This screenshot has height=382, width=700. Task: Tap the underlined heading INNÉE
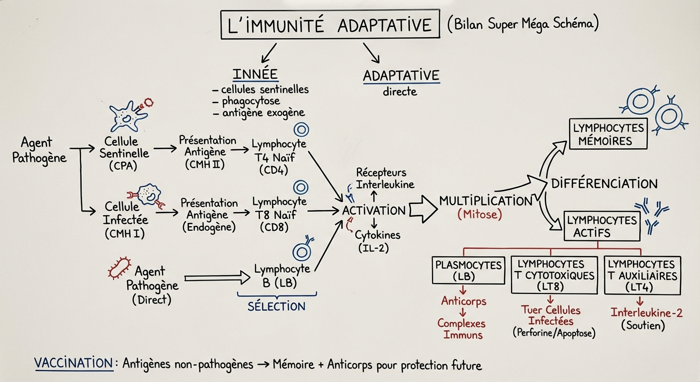[x=255, y=74]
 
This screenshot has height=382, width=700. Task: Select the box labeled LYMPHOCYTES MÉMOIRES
[x=608, y=134]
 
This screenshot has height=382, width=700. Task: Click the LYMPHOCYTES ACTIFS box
[x=602, y=226]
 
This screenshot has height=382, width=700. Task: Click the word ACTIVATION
[x=374, y=210]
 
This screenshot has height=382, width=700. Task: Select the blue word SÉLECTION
[x=276, y=306]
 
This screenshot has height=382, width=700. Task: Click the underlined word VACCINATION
[x=74, y=364]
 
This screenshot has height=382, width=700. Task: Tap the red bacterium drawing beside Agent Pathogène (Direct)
[x=120, y=267]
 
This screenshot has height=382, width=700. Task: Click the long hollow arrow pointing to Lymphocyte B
[x=216, y=278]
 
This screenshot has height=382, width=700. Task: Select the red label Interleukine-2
[x=646, y=313]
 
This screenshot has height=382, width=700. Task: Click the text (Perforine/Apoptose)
[x=553, y=333]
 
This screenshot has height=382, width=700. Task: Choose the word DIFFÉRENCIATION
[x=604, y=183]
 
